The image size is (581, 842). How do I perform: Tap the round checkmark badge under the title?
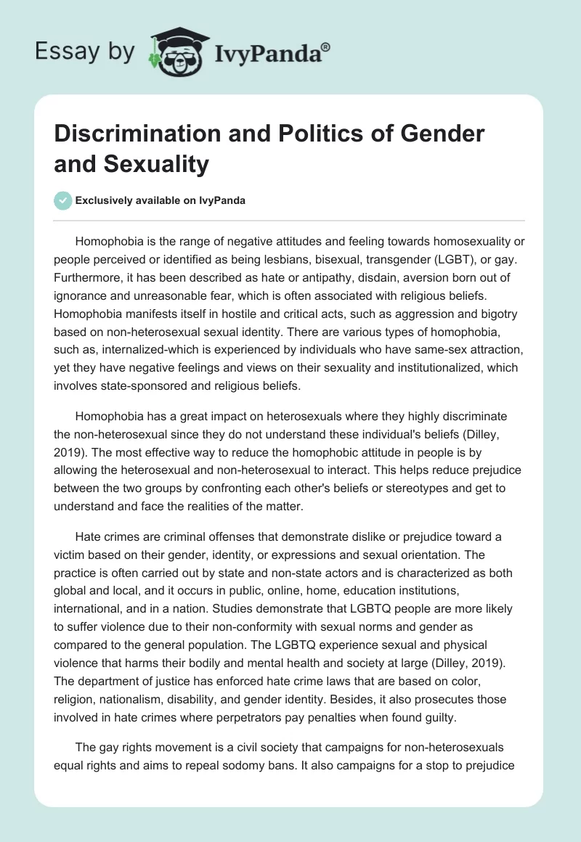point(63,201)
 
